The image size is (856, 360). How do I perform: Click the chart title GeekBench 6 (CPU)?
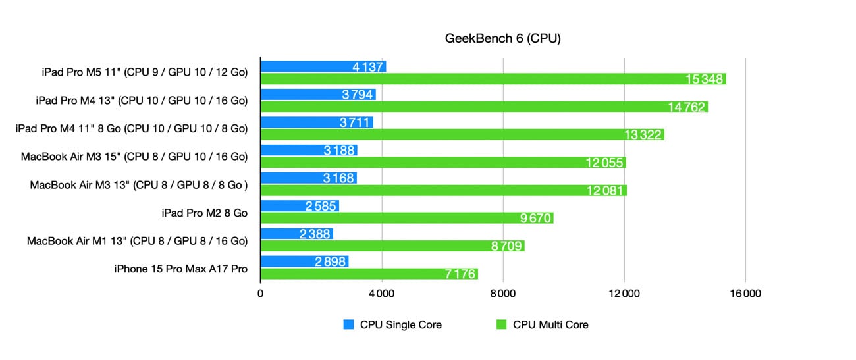coord(503,39)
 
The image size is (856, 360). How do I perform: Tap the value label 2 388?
coord(313,234)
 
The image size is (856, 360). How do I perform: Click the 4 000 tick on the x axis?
coord(381,294)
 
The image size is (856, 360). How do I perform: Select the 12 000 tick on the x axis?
coord(624,294)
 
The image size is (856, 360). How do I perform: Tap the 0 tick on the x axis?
coord(261,294)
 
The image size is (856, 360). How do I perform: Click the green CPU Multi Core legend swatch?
coord(502,324)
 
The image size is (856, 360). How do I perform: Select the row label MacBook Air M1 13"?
coord(137,241)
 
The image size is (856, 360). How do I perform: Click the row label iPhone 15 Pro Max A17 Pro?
coord(181,269)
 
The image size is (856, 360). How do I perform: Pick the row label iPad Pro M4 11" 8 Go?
coord(132,129)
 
